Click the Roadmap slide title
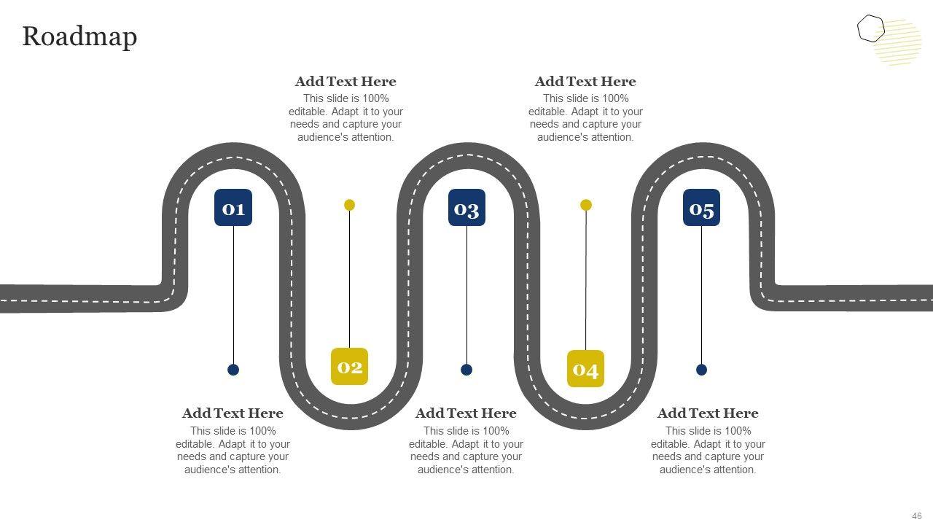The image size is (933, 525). tap(79, 36)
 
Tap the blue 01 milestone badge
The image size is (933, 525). tap(233, 208)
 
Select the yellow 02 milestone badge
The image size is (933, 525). tap(349, 366)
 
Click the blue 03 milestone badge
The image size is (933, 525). tap(466, 208)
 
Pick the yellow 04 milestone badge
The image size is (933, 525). tap(585, 369)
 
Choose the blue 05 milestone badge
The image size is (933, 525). tap(701, 208)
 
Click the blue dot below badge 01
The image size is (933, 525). tap(233, 370)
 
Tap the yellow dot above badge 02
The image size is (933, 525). tap(349, 205)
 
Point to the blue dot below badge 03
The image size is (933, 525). tap(466, 370)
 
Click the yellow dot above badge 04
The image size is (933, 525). tap(586, 205)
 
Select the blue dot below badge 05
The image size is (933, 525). tap(701, 370)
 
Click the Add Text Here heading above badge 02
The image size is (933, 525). tap(346, 82)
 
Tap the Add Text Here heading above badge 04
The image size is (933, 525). tap(585, 82)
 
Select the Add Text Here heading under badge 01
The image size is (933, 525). tap(233, 413)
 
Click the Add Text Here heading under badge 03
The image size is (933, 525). tap(466, 413)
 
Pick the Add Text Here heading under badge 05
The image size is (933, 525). tap(708, 413)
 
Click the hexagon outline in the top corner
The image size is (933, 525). tap(870, 29)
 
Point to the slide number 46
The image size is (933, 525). tap(917, 516)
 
